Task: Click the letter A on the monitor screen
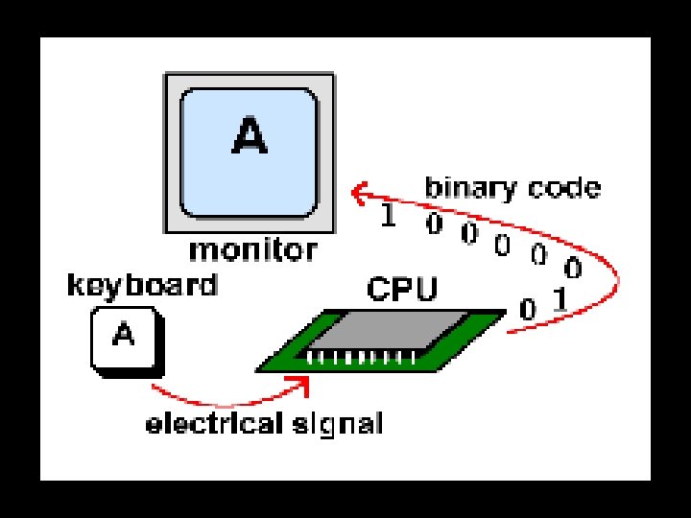pos(249,136)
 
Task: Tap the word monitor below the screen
pos(252,250)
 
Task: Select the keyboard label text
pos(142,285)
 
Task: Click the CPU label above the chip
pos(402,289)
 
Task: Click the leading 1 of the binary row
pos(388,217)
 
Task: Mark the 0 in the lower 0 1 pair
pos(528,310)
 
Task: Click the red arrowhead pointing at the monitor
pos(357,195)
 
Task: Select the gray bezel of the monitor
pos(173,153)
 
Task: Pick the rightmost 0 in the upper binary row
pos(574,266)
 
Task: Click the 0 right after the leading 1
pos(434,225)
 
